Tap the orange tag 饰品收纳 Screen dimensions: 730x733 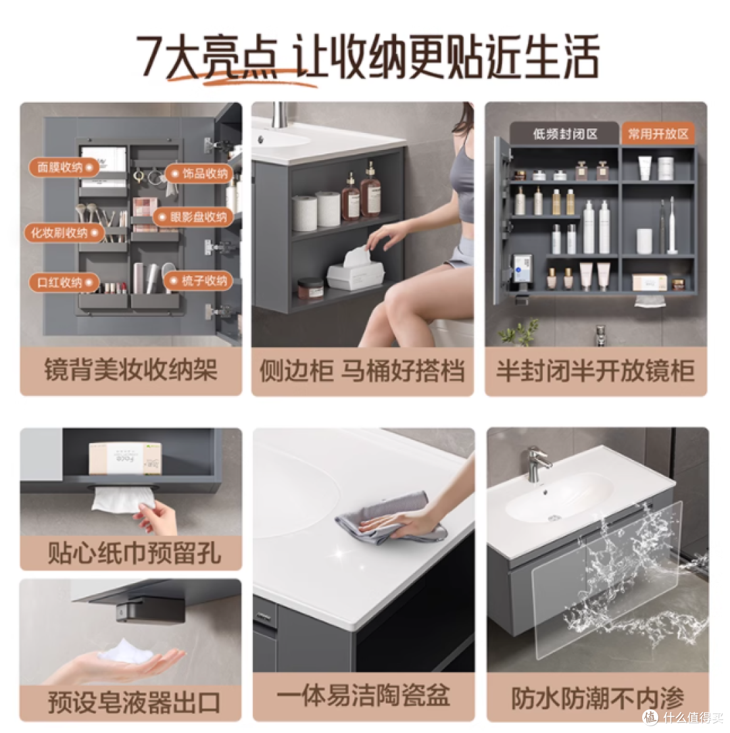point(199,174)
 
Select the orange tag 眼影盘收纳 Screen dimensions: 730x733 point(193,217)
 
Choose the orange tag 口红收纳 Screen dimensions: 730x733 point(64,282)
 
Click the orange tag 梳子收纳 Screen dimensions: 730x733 point(199,280)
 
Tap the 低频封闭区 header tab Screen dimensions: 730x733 point(564,134)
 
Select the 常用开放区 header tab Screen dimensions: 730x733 point(658,134)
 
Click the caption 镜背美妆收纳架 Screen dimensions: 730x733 point(131,371)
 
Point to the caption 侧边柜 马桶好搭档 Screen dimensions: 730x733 point(362,371)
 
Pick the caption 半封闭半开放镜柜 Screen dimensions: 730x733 point(595,371)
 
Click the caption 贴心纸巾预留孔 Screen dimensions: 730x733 point(135,553)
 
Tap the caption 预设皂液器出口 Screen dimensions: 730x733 point(135,702)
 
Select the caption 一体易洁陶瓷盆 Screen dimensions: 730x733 point(364,695)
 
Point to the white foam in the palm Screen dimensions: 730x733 point(125,651)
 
